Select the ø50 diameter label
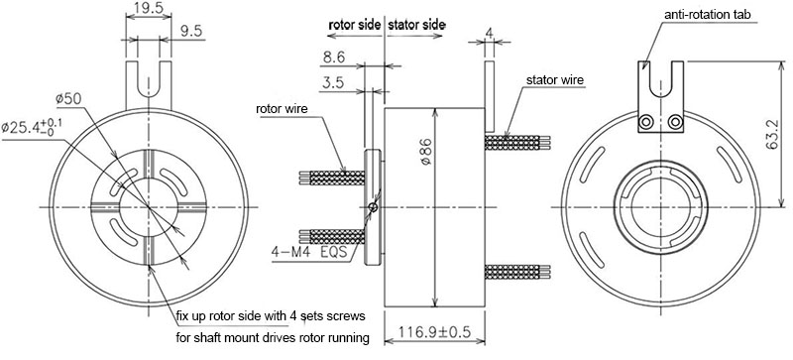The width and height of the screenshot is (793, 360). click(x=68, y=99)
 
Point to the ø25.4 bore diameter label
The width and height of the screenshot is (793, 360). click(x=33, y=127)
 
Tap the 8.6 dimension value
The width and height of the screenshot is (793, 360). click(x=333, y=59)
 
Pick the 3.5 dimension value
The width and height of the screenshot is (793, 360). click(x=332, y=83)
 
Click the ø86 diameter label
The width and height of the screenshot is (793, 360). click(x=425, y=151)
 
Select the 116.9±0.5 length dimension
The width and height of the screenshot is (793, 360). click(x=434, y=332)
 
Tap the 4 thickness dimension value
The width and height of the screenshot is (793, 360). click(x=489, y=33)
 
